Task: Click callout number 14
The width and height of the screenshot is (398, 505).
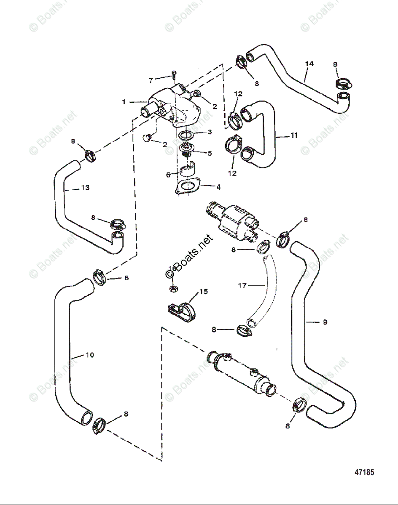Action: point(309,64)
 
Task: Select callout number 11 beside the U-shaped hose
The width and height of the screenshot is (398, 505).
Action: point(294,136)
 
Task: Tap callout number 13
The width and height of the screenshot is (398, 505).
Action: point(85,188)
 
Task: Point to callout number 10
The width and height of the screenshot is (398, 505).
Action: point(89,355)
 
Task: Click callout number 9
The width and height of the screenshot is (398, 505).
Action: point(325,322)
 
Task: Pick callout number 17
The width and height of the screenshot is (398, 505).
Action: point(242,285)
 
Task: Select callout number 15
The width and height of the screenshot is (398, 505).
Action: point(203,291)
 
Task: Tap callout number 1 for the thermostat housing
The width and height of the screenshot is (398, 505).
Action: point(124,102)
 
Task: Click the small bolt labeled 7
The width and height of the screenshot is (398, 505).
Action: point(173,76)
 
